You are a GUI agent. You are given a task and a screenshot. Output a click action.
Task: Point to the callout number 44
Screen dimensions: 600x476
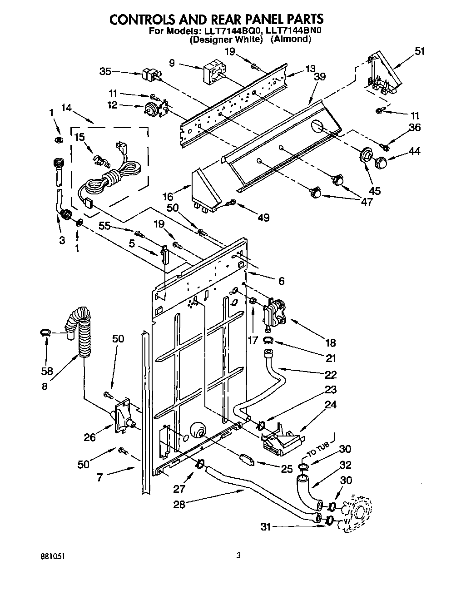click(x=415, y=151)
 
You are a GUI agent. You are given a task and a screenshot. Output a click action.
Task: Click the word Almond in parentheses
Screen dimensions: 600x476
click(x=291, y=40)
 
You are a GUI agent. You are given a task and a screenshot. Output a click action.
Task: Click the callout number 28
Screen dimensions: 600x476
click(x=180, y=504)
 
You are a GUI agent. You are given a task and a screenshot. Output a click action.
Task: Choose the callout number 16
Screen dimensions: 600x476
click(x=168, y=196)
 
